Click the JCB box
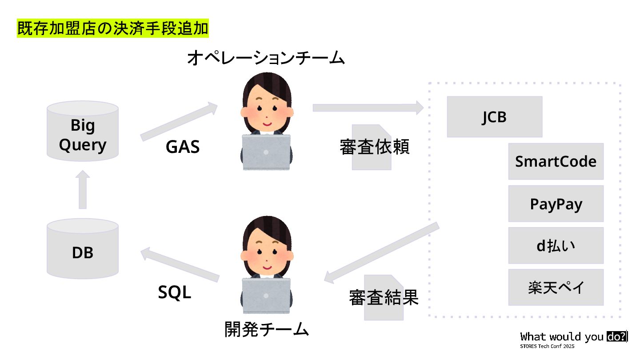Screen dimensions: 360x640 click(494, 116)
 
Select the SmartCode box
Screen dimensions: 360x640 click(556, 161)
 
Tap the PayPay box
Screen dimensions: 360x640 click(556, 204)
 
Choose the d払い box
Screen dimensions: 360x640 click(556, 245)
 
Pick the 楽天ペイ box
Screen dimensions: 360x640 click(556, 287)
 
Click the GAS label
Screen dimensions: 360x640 click(183, 147)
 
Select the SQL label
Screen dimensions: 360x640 click(175, 292)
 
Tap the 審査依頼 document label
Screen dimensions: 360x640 click(374, 147)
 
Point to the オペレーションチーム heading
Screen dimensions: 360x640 click(266, 58)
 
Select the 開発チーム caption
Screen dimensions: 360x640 click(266, 329)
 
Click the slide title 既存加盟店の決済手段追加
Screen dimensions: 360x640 click(113, 28)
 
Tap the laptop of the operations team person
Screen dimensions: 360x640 click(266, 151)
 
